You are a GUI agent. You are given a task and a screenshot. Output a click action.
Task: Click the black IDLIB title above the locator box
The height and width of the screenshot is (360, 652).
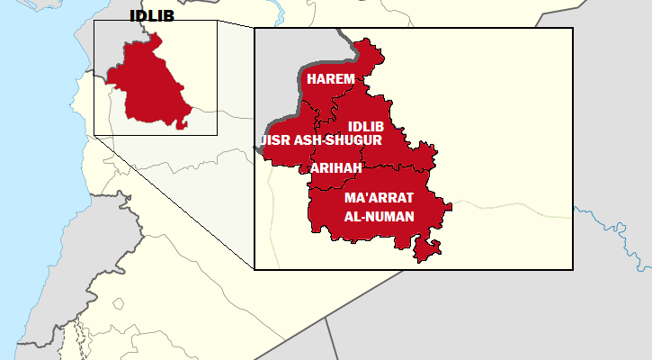coord(152,15)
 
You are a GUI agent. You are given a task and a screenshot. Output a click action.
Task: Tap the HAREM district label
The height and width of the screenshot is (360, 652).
coord(330,79)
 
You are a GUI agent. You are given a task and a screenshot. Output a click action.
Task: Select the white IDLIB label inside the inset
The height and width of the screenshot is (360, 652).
coord(365,126)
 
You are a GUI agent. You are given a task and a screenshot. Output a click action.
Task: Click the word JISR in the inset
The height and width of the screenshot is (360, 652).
coord(274,140)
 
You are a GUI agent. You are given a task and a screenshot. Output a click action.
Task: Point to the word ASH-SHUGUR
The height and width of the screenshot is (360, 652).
coord(337,140)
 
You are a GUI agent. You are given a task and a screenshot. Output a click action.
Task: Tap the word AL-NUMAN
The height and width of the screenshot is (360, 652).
coord(379,217)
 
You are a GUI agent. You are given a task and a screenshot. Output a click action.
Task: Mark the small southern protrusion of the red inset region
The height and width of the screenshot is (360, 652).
coord(427,249)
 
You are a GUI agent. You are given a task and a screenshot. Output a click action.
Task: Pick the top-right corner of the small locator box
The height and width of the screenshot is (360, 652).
coord(217,21)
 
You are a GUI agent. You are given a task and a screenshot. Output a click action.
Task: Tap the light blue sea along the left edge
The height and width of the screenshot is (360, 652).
coord(27,180)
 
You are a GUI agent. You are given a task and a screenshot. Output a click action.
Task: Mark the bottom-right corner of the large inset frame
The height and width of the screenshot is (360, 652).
coord(573,268)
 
